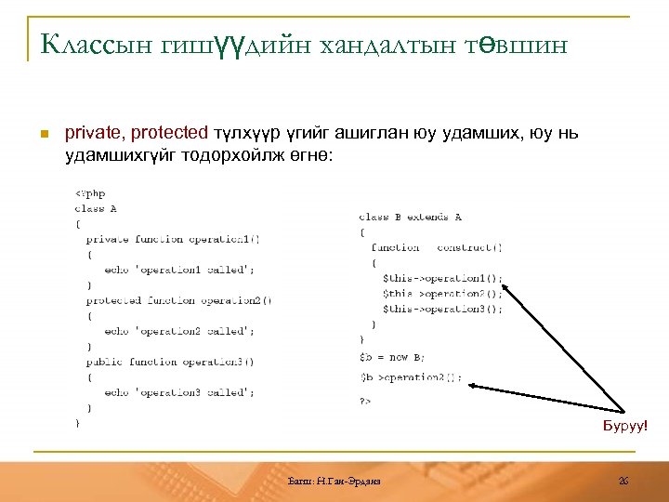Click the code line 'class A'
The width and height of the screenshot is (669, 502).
coord(96,209)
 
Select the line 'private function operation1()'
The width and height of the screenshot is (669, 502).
coord(173,239)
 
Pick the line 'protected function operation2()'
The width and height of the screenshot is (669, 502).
coord(178,300)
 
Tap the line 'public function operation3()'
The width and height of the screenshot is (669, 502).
coord(170,362)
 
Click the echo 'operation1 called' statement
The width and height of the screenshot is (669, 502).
coord(179,270)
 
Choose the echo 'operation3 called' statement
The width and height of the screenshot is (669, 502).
coord(179,392)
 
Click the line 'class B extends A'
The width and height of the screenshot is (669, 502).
coord(410,217)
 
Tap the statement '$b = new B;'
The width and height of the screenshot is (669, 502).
coord(392,356)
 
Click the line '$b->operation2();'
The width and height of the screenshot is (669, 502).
coord(410,377)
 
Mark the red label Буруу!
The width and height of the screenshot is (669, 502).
coord(625,425)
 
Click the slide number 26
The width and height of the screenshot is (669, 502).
coord(623,480)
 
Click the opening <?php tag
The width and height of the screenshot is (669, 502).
coord(90,193)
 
